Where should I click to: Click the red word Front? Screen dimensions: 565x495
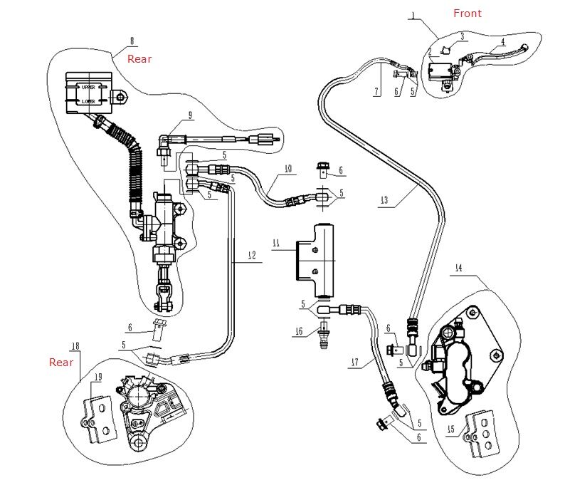click(468, 14)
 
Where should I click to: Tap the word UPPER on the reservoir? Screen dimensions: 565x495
click(88, 88)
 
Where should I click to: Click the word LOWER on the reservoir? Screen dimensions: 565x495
click(88, 101)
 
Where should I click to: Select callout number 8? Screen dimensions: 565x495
click(132, 41)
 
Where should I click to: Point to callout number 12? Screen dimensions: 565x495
click(252, 255)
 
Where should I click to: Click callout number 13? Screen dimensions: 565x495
click(384, 200)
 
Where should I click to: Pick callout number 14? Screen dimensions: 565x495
click(458, 268)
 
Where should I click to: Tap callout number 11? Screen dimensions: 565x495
click(276, 243)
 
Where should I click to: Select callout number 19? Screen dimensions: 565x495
click(98, 377)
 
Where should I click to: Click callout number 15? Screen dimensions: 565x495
click(450, 429)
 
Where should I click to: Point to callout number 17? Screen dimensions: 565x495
click(355, 362)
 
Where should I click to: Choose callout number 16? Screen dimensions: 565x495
click(299, 331)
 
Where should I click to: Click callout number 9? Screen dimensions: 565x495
click(190, 115)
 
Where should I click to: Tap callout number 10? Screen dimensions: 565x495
click(288, 169)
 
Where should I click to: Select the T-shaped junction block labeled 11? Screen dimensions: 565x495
click(315, 260)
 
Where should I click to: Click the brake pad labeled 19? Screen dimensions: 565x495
click(98, 419)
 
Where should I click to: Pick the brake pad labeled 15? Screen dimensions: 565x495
click(484, 434)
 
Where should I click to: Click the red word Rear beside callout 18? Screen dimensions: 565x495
click(61, 363)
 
